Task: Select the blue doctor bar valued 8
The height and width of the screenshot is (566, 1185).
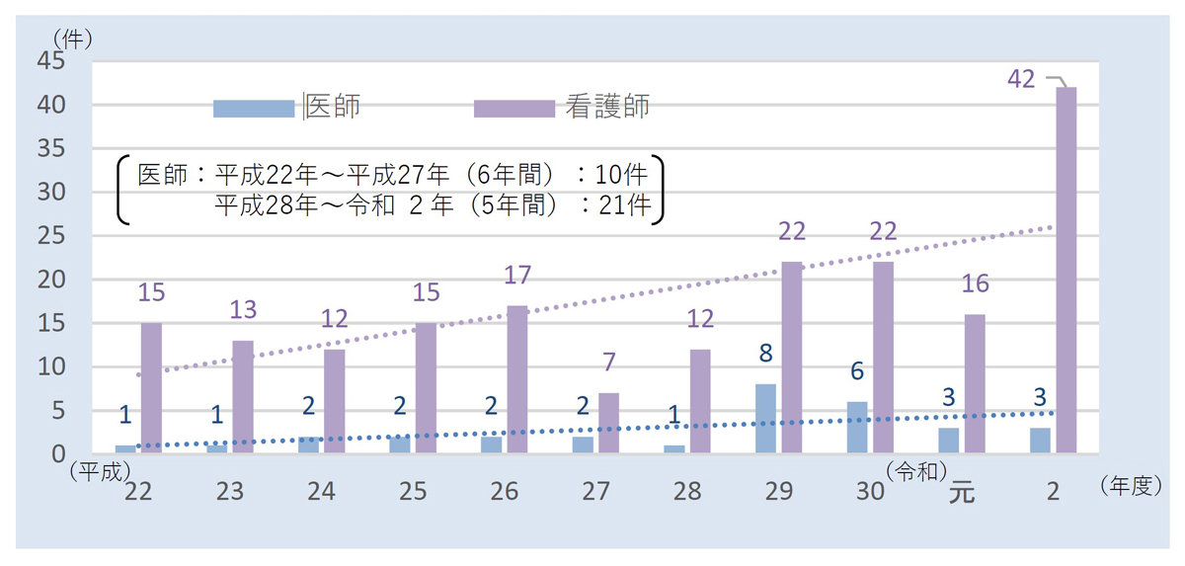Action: (765, 419)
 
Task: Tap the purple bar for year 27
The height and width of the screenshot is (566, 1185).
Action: (608, 423)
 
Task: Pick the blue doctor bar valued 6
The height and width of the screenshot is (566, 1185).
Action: (857, 428)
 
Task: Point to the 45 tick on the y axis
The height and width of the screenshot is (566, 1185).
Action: (50, 61)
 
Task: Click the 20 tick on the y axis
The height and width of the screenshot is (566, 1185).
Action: (50, 280)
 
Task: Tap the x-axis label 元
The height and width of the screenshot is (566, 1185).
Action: (961, 491)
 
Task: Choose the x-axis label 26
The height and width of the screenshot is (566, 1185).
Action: (504, 491)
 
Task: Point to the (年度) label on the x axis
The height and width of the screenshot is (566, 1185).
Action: (1126, 487)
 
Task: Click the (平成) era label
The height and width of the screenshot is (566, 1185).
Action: (100, 471)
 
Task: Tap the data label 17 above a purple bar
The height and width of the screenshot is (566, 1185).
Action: (517, 275)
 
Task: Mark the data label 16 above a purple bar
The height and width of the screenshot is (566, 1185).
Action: (975, 283)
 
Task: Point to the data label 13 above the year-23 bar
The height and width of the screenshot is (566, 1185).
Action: (243, 310)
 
